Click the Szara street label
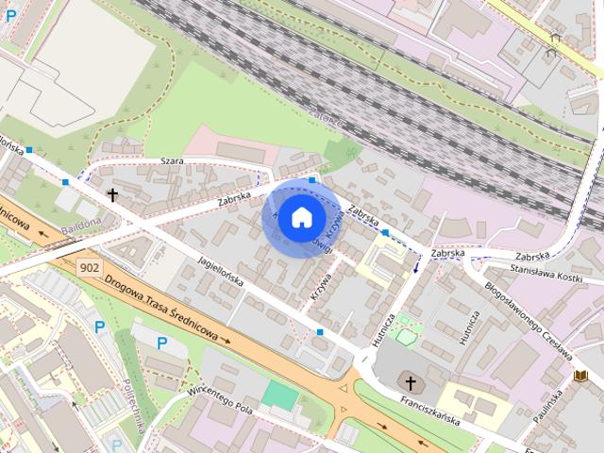tap(171, 161)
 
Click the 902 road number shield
tap(90, 267)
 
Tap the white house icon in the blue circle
tap(301, 217)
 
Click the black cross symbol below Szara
tap(112, 195)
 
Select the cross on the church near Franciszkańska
tap(410, 382)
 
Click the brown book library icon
tap(580, 377)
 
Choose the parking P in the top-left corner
tap(11, 15)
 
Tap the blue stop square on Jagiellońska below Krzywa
tap(321, 332)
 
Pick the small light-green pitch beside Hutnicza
tap(406, 335)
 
